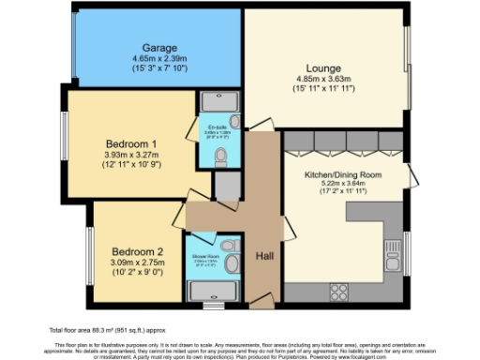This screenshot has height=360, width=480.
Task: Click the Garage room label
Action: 160,47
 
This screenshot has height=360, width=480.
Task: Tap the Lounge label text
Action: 322,68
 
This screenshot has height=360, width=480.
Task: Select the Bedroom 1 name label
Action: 129,143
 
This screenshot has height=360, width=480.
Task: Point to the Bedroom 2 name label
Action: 138,251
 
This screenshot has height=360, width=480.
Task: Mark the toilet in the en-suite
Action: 221,155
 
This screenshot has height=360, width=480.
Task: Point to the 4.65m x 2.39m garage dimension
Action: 160,58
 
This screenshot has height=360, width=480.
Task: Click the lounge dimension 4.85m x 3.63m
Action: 322,79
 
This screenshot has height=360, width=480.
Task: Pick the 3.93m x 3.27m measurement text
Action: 129,155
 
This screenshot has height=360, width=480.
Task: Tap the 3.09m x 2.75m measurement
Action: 138,262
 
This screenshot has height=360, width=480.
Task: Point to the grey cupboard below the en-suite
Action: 225,187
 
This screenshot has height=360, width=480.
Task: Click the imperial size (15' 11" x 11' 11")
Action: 322,89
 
